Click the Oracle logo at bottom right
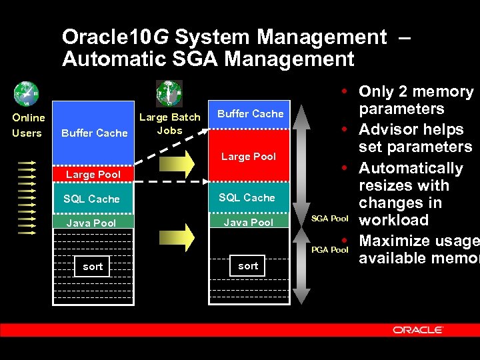pos(418,329)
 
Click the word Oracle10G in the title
pos(111,37)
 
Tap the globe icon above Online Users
pos(27,93)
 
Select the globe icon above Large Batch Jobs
pos(169,93)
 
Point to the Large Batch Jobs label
pos(169,123)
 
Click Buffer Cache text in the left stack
pos(94,133)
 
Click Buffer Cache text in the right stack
pos(251,114)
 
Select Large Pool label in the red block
pos(249,157)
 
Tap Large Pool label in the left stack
pos(93,175)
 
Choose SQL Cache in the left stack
pos(91,199)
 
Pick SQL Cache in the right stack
pos(247,198)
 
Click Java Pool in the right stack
pos(248,223)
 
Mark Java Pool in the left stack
pos(91,223)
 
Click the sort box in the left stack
pos(93,267)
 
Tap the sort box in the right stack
pos(248,266)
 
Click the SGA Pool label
pos(330,219)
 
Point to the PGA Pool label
pos(330,249)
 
